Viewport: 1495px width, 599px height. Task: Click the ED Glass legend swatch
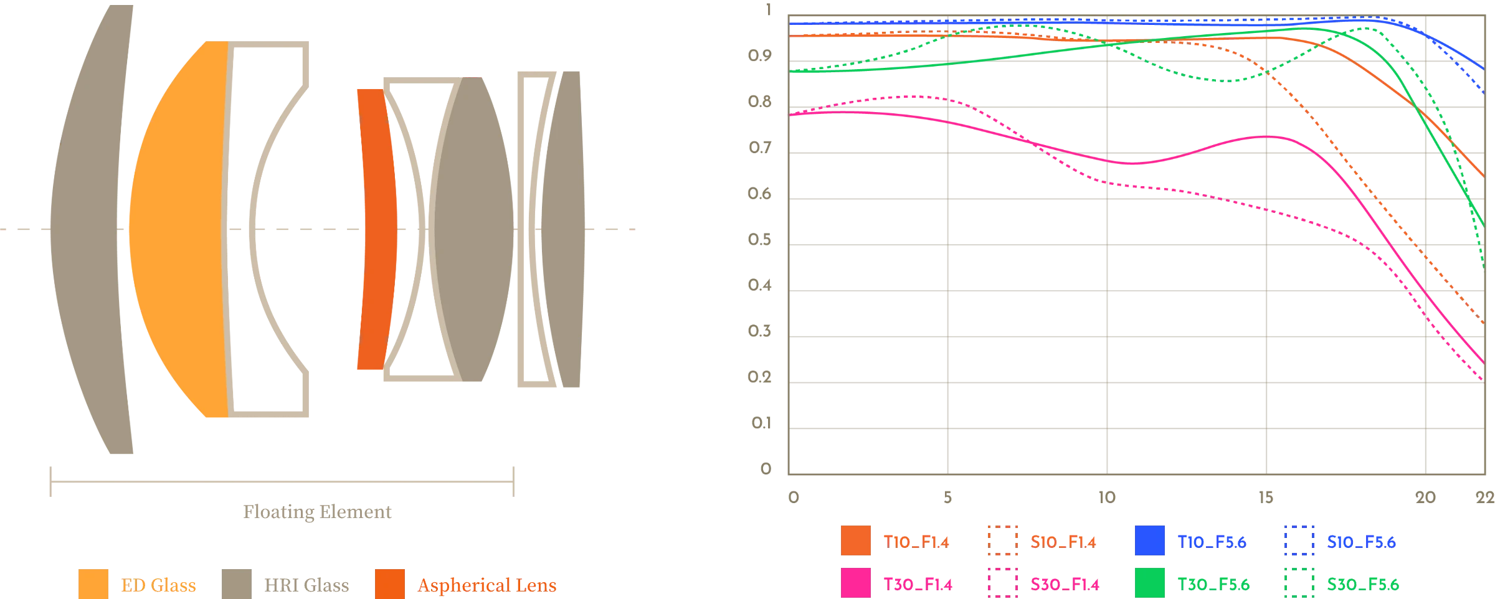point(93,583)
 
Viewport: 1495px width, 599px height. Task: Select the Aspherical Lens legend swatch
point(390,583)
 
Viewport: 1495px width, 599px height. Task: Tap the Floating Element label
point(317,513)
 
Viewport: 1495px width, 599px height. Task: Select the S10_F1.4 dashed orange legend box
point(1003,540)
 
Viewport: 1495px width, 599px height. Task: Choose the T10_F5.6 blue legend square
point(1149,540)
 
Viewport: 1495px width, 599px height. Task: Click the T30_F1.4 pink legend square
point(855,584)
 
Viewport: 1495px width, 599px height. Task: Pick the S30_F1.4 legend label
point(1066,584)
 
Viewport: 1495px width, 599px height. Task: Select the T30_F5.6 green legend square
point(1149,584)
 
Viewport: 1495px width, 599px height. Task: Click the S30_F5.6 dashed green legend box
point(1298,584)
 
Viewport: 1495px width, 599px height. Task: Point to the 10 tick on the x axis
point(1107,497)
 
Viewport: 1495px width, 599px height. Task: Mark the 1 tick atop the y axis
point(767,10)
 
